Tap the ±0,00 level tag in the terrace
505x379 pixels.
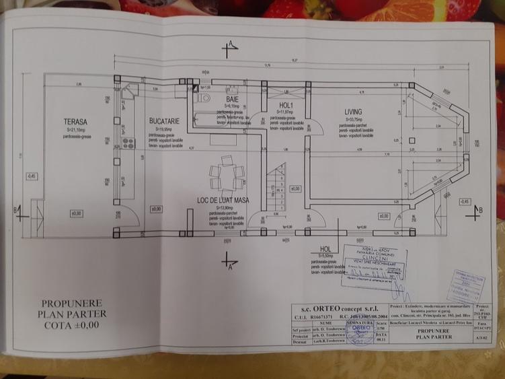point(75,213)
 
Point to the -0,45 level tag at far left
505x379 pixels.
point(32,176)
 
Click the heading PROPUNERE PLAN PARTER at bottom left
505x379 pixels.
point(72,313)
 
